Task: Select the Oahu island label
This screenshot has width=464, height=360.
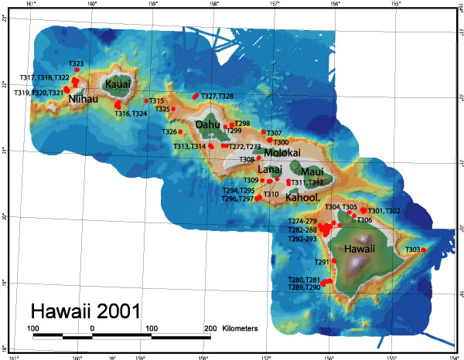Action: point(208,124)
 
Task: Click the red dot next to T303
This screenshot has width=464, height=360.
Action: point(423,250)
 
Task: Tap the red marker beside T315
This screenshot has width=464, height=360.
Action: point(147,100)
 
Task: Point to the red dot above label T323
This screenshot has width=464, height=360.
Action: point(77,70)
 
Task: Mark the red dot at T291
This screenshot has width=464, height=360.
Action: point(334,262)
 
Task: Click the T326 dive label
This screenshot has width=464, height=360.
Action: point(169,132)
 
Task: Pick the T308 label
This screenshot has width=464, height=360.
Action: point(247,159)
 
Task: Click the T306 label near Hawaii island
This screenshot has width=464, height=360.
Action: point(364,220)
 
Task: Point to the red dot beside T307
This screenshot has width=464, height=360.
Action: point(264,132)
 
